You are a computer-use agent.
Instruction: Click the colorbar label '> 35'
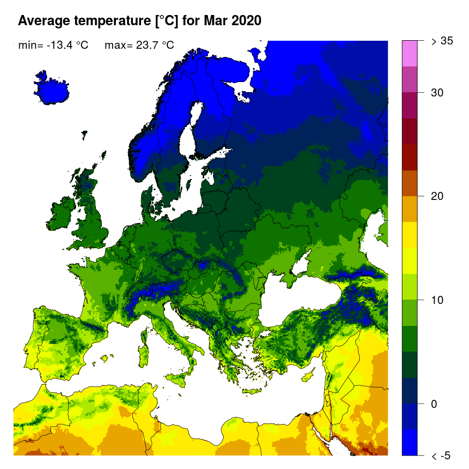(x=442, y=41)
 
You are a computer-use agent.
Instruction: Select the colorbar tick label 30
(x=437, y=93)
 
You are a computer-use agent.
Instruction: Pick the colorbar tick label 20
(x=437, y=196)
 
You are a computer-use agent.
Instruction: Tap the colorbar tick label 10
(x=437, y=300)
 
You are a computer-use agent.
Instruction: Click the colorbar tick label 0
(x=434, y=404)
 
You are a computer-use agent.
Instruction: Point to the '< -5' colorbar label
(x=441, y=456)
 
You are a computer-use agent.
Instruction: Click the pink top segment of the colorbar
(x=410, y=53)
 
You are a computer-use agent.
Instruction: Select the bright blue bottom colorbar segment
(x=410, y=442)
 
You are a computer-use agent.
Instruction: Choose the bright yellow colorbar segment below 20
(x=410, y=235)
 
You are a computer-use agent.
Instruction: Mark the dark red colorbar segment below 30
(x=410, y=131)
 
